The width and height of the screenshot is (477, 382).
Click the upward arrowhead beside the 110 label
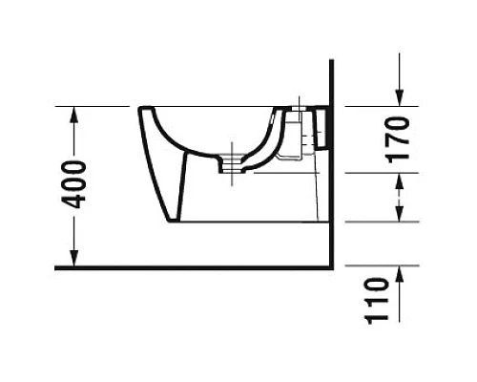tap(401, 277)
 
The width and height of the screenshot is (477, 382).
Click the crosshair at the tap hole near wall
tap(299, 104)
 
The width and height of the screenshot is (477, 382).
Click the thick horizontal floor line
tap(191, 267)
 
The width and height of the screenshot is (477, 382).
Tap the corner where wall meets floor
tap(330, 267)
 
